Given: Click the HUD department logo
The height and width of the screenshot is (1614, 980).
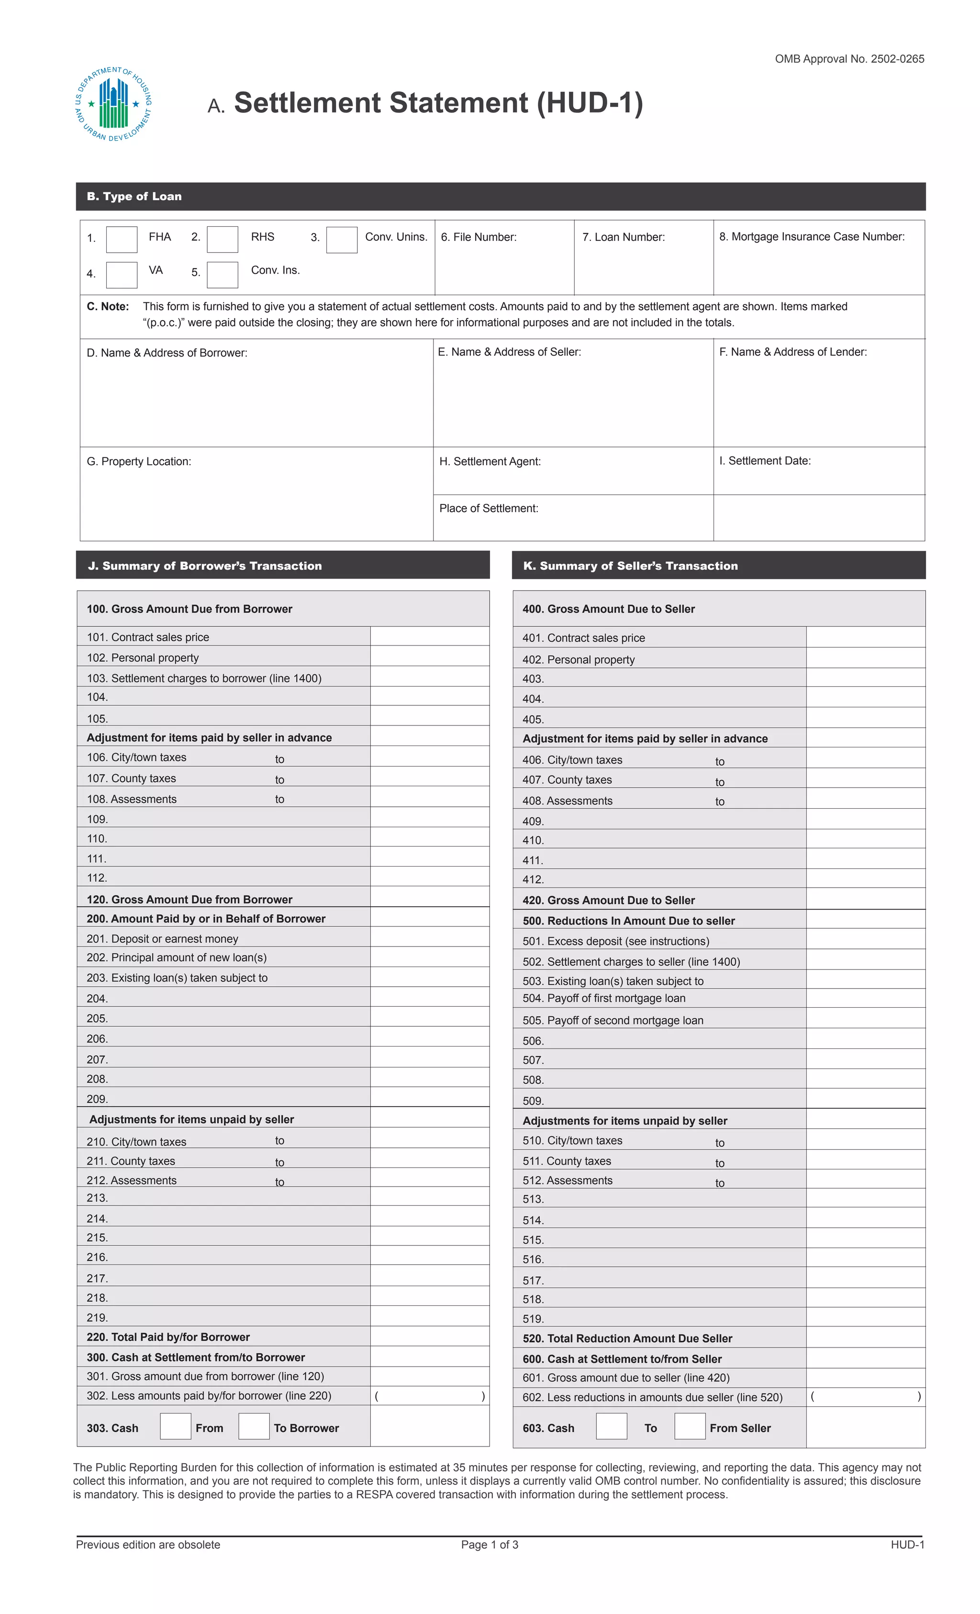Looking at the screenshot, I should pos(114,105).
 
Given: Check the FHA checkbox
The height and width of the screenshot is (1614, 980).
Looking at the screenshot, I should pos(122,239).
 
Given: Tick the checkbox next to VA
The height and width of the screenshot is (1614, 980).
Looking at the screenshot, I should pos(122,275).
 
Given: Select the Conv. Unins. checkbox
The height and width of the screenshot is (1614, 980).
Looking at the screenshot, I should pos(341,240).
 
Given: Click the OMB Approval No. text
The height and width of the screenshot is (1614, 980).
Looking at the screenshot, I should pos(849,59).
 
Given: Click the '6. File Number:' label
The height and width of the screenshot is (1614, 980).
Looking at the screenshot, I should pos(478,237).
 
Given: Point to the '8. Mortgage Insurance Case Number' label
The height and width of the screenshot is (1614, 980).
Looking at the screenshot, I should pos(811,236).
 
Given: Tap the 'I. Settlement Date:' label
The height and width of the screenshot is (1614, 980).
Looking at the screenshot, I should pos(765,460).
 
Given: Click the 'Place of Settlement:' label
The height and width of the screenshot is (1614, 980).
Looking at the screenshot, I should pos(489,508).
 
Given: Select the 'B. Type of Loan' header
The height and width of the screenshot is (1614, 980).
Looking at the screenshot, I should pos(134,197).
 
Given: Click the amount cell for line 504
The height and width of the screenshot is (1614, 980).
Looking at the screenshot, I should pos(865,998).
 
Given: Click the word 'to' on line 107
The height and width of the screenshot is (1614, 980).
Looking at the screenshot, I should pos(280,779).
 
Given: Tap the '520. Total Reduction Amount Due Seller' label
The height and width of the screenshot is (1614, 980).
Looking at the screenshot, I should pos(627,1338).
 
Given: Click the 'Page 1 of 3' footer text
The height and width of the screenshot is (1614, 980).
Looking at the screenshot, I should pos(490,1545).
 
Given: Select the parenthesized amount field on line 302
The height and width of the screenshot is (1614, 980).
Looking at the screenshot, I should pos(429,1396).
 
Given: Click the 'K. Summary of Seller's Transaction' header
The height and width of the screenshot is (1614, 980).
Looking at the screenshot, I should pos(630,566).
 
